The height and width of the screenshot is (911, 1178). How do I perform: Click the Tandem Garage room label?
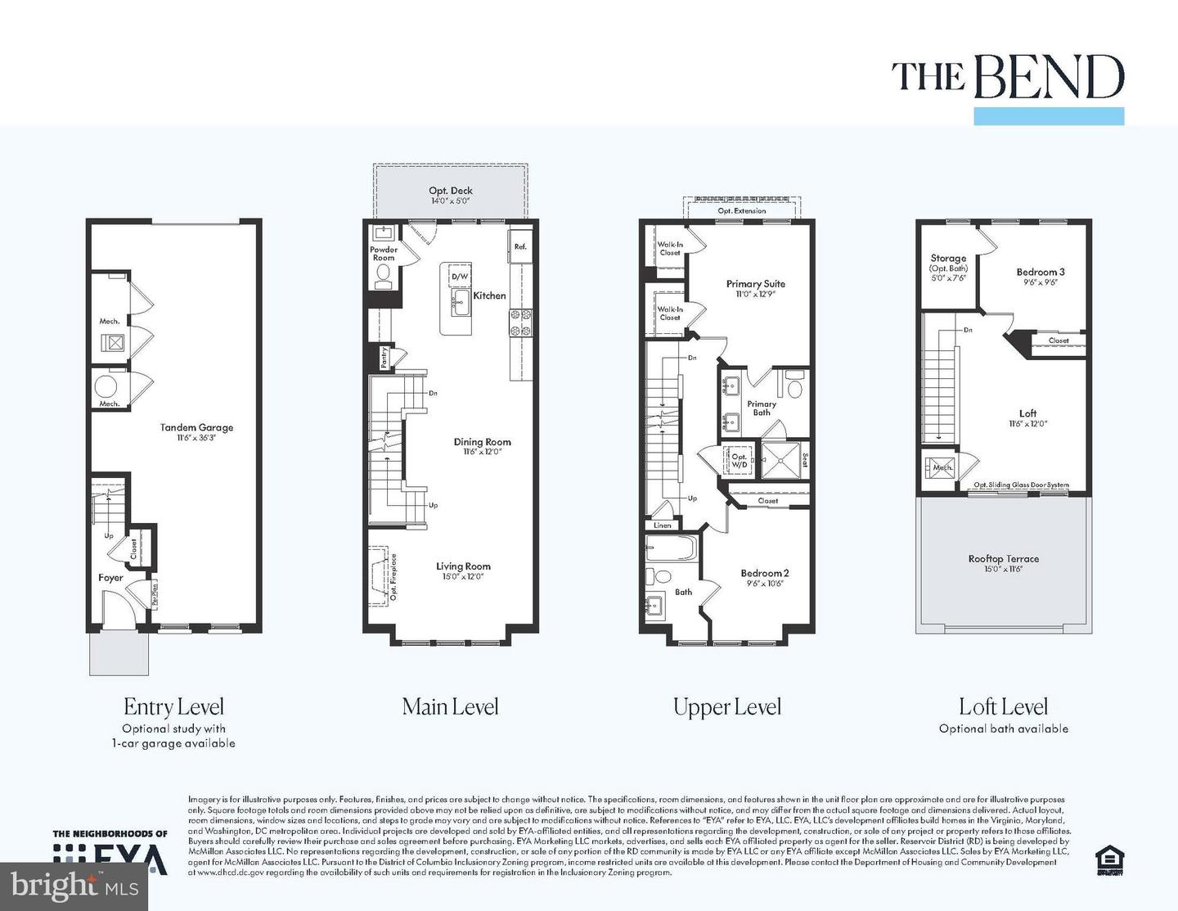pos(196,427)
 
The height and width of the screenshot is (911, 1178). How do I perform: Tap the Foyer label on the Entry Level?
pos(110,577)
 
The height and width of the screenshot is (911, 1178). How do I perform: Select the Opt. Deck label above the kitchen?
pos(451,191)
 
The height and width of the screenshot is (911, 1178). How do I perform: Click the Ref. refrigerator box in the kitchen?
pos(520,246)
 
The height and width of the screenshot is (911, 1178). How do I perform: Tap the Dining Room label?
pos(482,442)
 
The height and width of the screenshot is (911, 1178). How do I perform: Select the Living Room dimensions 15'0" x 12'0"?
pos(463,576)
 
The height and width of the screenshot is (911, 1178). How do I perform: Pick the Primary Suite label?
pos(755,284)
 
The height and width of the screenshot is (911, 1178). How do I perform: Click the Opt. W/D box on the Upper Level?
pos(739,461)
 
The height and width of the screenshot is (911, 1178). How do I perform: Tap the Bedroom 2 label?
pos(764,573)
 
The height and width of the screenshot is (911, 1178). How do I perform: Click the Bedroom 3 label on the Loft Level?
pos(1041,272)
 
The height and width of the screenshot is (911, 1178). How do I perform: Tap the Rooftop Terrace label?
pos(1003,559)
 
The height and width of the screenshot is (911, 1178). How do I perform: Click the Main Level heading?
pos(450,707)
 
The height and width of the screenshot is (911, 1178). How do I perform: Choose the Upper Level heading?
pos(726,707)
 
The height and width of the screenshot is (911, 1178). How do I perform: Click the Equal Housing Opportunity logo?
pos(1109,859)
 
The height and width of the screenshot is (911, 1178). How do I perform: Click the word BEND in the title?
pos(1049,79)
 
